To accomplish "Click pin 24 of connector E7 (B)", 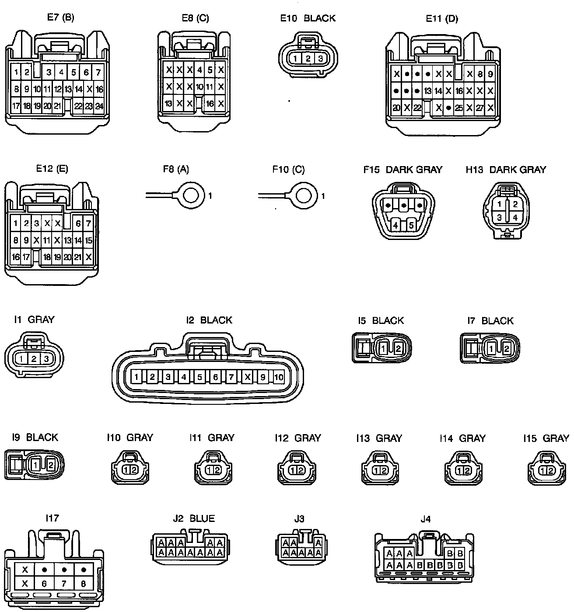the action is [99, 106].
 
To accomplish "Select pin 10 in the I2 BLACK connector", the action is [279, 377].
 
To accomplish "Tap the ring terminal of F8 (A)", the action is [190, 195].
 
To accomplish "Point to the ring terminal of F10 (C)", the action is [303, 195].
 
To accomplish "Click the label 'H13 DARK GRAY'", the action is [506, 170].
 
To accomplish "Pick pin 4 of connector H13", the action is [515, 217].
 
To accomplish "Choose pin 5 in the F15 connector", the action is [411, 226].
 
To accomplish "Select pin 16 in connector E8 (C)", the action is [210, 104].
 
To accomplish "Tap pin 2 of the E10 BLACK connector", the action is [308, 59].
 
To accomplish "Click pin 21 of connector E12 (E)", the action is [78, 257].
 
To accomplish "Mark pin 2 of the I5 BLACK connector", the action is [398, 348].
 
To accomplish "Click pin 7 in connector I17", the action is [64, 584].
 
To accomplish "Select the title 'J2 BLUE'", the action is [194, 518].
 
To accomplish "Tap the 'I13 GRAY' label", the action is [379, 438].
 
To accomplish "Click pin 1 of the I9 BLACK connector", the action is [35, 465].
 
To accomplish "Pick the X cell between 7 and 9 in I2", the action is [248, 377].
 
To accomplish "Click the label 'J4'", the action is [425, 519].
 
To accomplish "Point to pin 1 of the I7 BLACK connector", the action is [491, 348].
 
